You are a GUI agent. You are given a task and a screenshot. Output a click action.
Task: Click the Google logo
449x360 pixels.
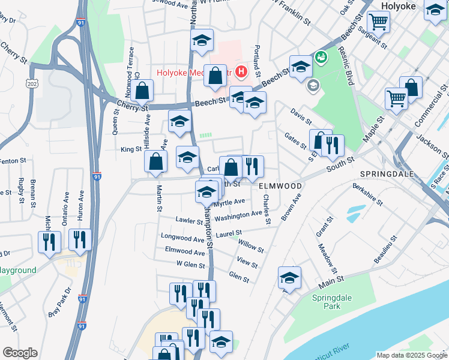20,353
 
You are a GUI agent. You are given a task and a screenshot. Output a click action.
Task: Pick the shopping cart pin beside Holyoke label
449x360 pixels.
379,22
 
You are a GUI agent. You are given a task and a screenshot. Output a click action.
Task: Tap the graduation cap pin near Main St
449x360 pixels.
289,278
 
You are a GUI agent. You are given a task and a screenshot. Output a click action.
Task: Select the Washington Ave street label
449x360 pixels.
238,215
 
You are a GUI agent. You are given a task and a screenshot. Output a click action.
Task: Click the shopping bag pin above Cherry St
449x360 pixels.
143,91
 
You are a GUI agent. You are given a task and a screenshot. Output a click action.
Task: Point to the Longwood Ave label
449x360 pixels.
183,238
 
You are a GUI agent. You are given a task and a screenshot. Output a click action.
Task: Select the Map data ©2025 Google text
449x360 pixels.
411,355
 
